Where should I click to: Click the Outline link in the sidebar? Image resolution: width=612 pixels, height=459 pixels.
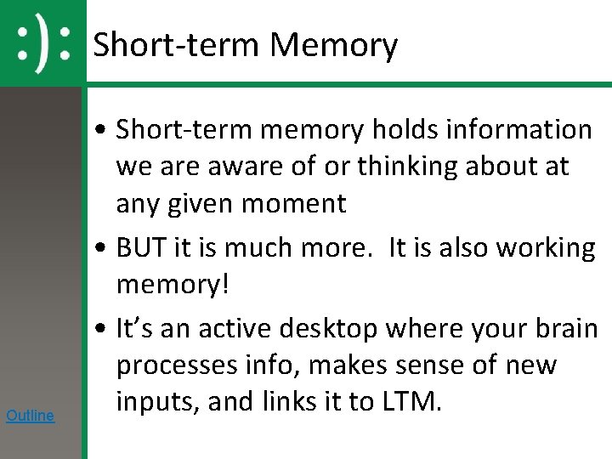pyautogui.click(x=30, y=416)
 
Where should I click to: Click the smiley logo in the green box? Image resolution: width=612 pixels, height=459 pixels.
pyautogui.click(x=42, y=43)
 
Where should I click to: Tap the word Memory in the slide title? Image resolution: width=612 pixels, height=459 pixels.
pyautogui.click(x=333, y=44)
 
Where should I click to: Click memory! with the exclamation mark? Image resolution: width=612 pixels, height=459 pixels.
pyautogui.click(x=173, y=285)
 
